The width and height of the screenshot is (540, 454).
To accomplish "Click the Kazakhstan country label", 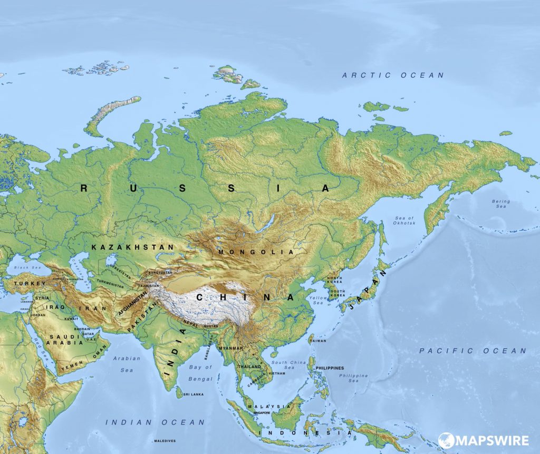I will tap(132, 247).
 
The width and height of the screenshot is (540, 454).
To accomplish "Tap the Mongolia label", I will tap(256, 252).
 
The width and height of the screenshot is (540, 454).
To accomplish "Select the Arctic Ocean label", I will tap(393, 75).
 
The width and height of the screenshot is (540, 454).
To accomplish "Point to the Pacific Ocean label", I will tap(472, 351).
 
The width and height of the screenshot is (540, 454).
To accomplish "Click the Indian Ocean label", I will tap(155, 422).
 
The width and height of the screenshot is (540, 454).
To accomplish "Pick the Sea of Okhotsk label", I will tap(405, 220).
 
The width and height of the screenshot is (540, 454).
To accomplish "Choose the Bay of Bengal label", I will tap(200, 373).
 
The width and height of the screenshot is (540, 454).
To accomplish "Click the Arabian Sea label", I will tap(127, 364).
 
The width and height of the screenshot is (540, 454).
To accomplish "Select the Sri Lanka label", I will tap(194, 394).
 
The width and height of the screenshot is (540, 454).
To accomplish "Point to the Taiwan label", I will tap(318, 341).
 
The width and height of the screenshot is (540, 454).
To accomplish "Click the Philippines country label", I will tap(330, 368).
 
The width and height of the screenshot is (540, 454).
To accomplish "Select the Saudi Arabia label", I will tap(66, 339).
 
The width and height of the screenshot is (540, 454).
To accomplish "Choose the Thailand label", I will tap(249, 366).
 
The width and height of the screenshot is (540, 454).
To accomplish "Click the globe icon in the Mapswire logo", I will tap(446, 440).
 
